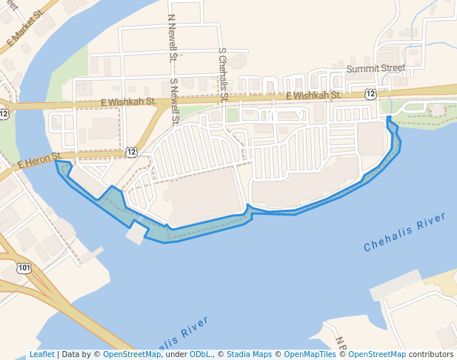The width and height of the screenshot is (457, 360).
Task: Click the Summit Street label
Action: click(376, 68)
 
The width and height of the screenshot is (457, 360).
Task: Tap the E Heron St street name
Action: click(38, 159)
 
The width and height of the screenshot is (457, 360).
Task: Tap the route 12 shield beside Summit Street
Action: click(370, 93)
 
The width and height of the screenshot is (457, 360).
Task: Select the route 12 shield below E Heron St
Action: click(131, 152)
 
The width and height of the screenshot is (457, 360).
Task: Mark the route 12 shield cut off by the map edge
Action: click(4, 113)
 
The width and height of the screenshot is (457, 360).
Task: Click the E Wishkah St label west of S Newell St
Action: click(127, 101)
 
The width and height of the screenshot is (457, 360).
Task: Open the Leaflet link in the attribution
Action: click(41, 355)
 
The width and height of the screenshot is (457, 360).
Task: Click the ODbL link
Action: click(199, 355)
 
